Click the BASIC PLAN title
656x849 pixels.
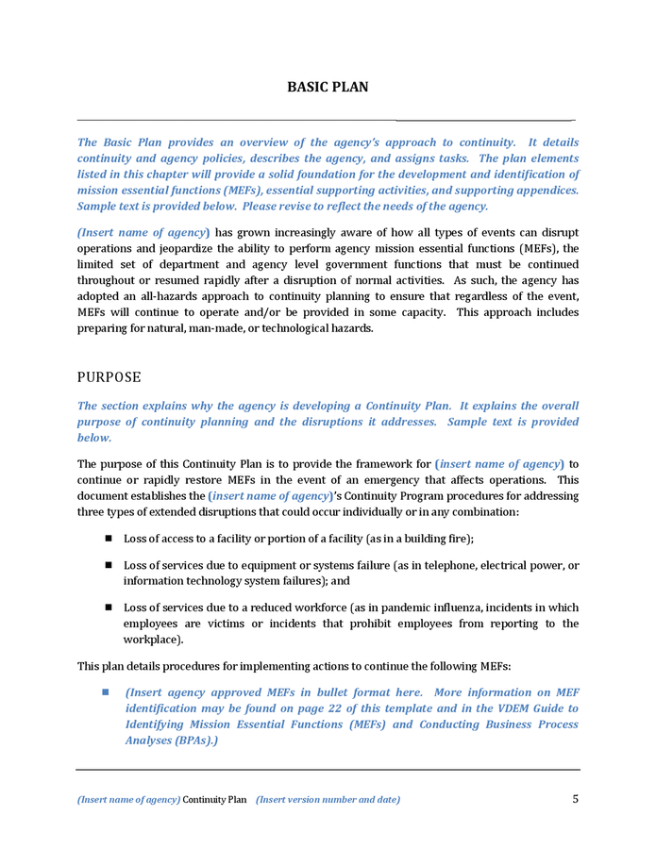[x=328, y=87]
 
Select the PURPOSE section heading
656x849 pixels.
[x=109, y=377]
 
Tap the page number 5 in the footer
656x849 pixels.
[x=575, y=799]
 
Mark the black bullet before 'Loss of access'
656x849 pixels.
[x=109, y=538]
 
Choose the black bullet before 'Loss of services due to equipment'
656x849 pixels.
[x=109, y=565]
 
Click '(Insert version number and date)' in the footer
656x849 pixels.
[x=328, y=800]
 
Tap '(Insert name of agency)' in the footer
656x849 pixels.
[x=128, y=800]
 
